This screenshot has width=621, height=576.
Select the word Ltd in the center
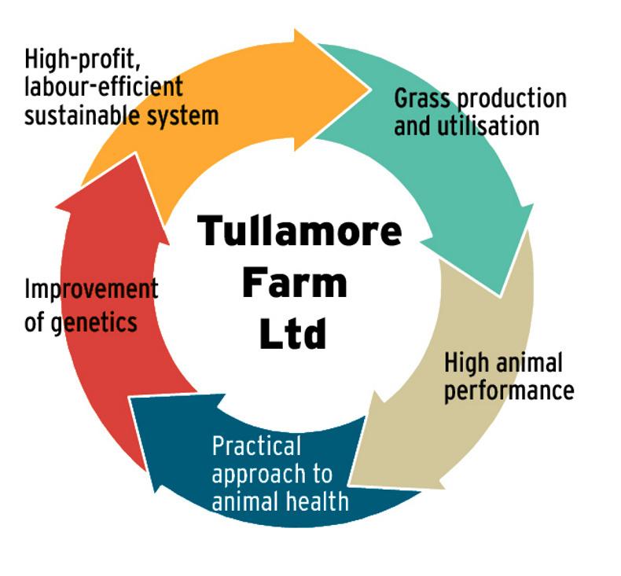tap(292, 332)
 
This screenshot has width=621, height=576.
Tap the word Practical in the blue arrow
tap(256, 446)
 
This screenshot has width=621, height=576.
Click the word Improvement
tap(90, 288)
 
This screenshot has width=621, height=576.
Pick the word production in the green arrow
tap(511, 99)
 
